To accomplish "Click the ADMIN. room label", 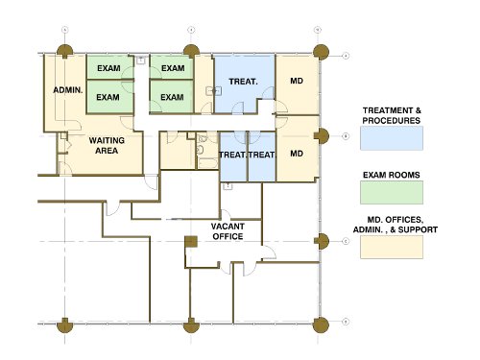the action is point(68,90).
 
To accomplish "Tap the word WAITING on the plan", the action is point(107,140).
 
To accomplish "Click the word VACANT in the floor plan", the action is point(228,227).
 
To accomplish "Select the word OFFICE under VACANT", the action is point(228,236).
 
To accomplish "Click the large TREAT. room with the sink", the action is point(244,84).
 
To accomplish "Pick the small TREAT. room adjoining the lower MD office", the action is point(262,156).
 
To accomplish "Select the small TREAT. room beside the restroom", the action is point(233,156).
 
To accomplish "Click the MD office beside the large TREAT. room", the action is point(297,84).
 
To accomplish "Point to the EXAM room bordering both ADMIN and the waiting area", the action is point(109,97).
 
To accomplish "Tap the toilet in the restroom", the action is point(200,150).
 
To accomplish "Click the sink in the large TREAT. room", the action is point(214,91).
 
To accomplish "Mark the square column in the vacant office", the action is point(191,242).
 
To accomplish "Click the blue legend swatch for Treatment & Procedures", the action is point(392,138).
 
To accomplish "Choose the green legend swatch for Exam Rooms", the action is point(392,192).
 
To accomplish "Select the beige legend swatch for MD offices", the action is point(392,247).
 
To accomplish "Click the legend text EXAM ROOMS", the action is point(392,175).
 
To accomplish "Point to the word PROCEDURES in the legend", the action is point(392,121).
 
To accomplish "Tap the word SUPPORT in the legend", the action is point(418,229).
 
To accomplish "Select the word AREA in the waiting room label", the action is point(107,151).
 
